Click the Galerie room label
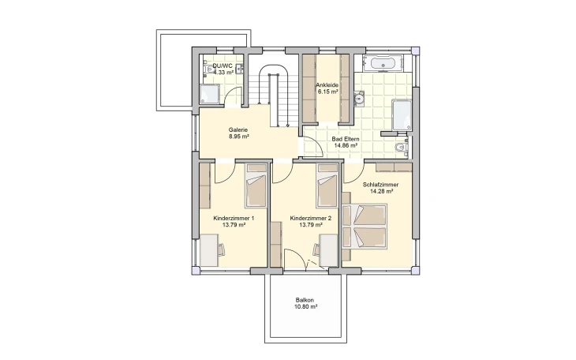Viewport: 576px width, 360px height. point(238,129)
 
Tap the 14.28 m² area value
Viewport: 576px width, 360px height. point(382,191)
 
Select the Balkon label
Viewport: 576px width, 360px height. point(305,300)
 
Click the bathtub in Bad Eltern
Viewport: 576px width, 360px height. point(383,63)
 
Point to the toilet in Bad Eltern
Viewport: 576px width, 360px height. point(402,147)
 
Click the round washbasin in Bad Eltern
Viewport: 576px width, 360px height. point(359,98)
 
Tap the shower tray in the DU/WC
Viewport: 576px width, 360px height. point(210,94)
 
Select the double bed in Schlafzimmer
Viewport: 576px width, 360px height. point(365,227)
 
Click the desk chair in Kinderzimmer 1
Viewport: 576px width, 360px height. point(221,249)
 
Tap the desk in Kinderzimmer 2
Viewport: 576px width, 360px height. point(329,249)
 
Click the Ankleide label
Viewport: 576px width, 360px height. point(327,85)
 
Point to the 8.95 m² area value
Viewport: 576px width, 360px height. point(238,137)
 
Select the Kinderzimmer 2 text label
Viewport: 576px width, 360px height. point(311,219)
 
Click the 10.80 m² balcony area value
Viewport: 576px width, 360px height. point(305,306)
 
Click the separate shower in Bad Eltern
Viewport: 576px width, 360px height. point(402,114)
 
